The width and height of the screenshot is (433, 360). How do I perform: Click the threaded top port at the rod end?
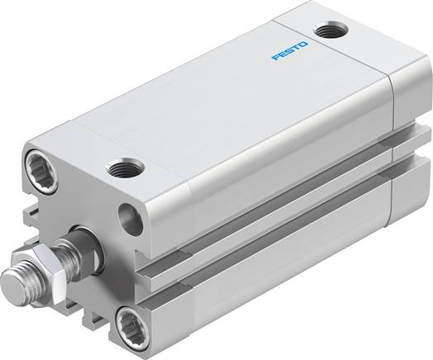tap(124, 170)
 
